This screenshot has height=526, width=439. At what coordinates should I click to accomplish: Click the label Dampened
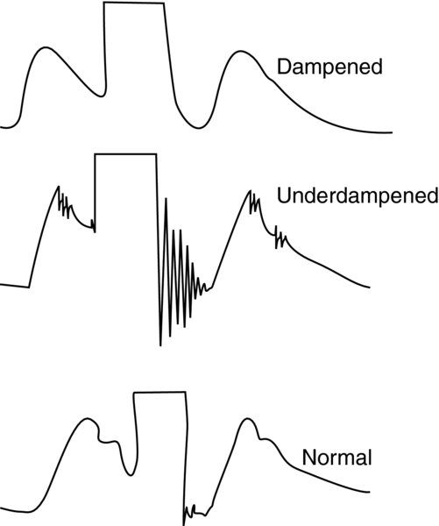coord(329,68)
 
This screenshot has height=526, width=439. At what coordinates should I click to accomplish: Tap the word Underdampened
coord(358,195)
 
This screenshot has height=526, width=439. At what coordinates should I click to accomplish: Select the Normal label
coord(336,457)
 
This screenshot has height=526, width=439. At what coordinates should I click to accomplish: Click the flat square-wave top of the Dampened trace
coord(133,3)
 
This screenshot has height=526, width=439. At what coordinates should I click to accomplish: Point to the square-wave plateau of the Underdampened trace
coord(125,154)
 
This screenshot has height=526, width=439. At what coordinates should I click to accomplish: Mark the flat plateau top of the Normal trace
coord(159,392)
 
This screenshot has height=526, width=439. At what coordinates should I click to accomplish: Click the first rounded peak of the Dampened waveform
coord(46,47)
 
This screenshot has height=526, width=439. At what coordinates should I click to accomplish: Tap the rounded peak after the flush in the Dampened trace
coord(240,52)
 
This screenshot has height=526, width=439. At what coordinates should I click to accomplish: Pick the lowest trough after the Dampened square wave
coord(199,127)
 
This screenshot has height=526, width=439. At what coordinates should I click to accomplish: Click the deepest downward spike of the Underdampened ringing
coord(160,345)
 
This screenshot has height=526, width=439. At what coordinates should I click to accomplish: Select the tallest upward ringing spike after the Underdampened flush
coord(166,199)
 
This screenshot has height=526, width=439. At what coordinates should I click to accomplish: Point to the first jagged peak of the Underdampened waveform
coord(59,187)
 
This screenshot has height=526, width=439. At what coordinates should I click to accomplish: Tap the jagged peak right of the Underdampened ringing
coord(251,191)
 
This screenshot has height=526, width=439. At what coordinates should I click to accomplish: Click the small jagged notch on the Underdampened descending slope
coord(280,237)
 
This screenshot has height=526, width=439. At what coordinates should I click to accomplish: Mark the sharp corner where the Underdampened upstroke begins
coord(29,288)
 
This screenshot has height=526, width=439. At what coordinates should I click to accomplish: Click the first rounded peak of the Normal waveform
coord(88,419)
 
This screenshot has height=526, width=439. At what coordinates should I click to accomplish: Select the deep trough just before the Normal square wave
coord(131,474)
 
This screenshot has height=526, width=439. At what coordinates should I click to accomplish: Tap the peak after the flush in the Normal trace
coord(247,419)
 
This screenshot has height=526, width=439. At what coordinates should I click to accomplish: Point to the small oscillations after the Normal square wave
coord(194,511)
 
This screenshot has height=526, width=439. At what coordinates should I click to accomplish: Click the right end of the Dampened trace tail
coord(392,132)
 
